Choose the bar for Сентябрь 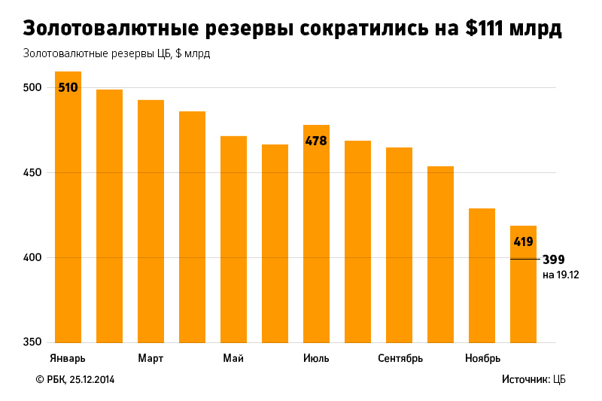(x=399, y=245)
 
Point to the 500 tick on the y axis (x=33, y=88)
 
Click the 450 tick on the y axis (x=33, y=173)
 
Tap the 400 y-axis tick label (x=33, y=258)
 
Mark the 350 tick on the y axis (x=33, y=342)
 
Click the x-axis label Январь (x=67, y=358)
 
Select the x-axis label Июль (x=316, y=358)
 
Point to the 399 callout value (x=553, y=260)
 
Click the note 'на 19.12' (x=561, y=275)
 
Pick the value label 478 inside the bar (x=316, y=141)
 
